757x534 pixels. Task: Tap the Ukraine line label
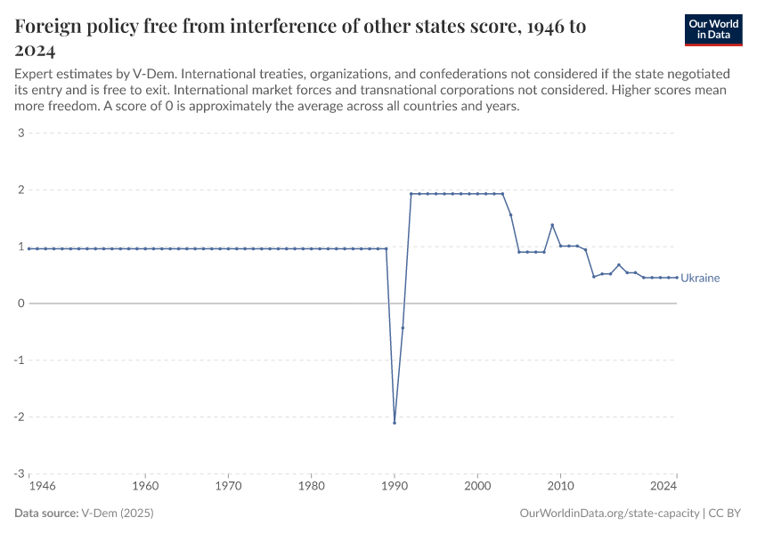click(700, 278)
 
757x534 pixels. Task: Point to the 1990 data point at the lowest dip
click(395, 422)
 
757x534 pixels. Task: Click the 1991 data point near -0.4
click(403, 328)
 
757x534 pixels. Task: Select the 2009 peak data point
click(552, 225)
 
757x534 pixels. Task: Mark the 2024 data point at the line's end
click(677, 277)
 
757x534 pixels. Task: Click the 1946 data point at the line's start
click(29, 248)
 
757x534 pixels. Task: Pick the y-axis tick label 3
click(20, 133)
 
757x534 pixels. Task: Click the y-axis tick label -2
click(19, 417)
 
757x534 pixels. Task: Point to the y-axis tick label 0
click(20, 303)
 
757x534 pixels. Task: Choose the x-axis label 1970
click(228, 487)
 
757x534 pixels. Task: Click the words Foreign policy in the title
click(71, 26)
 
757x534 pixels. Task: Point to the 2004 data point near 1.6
click(510, 214)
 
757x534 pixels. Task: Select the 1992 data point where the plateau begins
click(411, 193)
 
